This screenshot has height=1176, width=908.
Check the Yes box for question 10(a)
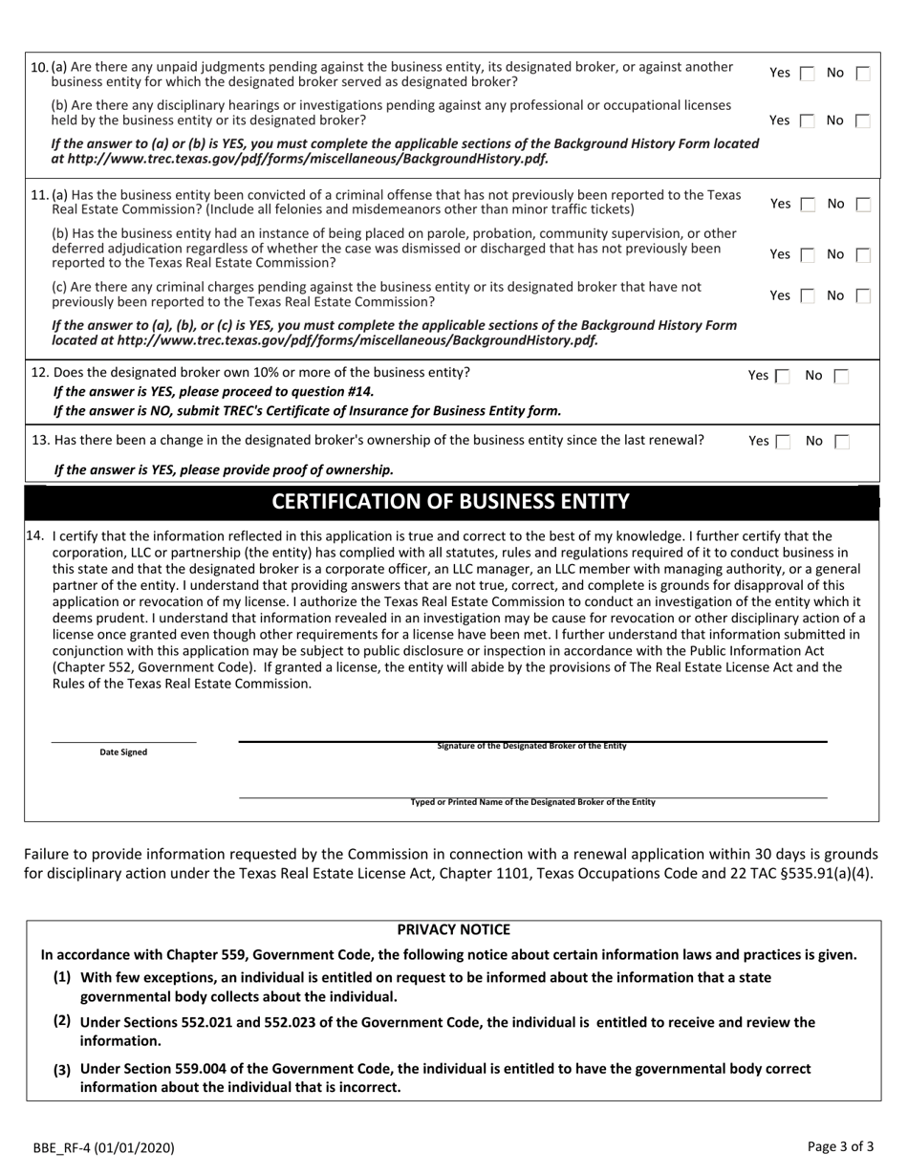(x=807, y=74)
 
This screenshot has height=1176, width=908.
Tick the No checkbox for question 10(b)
(x=862, y=120)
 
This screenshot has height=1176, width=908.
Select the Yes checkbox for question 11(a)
(x=807, y=204)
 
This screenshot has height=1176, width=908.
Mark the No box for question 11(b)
(x=862, y=255)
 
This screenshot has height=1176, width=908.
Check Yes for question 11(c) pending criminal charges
(x=807, y=296)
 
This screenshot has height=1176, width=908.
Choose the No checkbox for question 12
(x=840, y=377)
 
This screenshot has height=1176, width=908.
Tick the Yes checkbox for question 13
(x=783, y=442)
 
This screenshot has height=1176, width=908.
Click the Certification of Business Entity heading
(x=451, y=502)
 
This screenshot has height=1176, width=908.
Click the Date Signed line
(x=123, y=741)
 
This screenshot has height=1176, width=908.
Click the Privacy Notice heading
(x=453, y=929)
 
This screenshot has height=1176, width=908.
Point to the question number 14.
(x=35, y=536)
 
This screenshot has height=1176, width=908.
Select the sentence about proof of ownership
(x=224, y=469)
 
